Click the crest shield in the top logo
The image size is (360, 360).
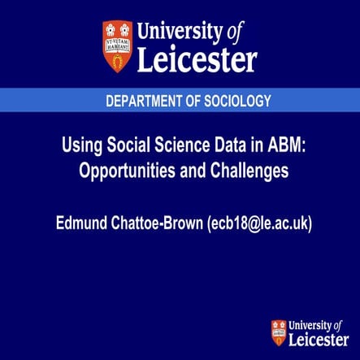[x=117, y=46]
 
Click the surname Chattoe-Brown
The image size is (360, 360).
[x=161, y=220]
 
